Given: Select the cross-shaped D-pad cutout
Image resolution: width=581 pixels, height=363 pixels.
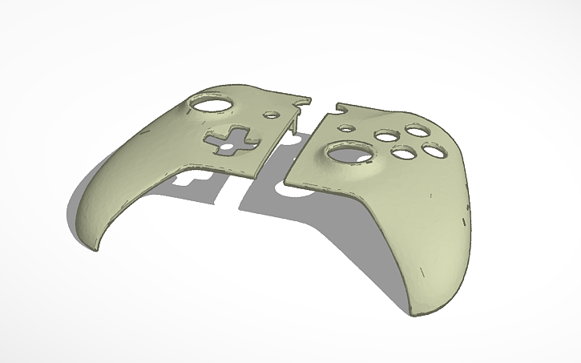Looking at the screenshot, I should tap(228, 140).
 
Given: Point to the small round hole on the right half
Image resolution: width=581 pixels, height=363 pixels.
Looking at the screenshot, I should tap(346, 127).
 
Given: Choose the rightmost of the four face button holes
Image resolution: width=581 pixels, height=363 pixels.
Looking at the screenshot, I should tap(434, 149).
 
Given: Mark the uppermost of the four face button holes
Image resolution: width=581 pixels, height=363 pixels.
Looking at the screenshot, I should tap(415, 129).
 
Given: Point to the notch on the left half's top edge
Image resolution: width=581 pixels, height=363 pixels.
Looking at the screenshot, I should tap(302, 100).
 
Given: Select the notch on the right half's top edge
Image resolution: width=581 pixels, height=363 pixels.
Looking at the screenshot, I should tap(339, 104).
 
